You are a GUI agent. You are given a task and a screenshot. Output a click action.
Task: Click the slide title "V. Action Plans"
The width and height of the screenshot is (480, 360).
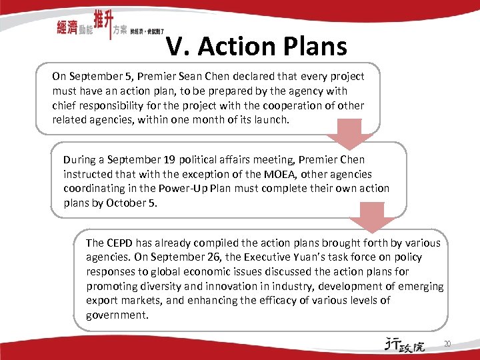(257, 46)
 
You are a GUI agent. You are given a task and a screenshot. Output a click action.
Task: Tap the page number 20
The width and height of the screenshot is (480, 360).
(447, 344)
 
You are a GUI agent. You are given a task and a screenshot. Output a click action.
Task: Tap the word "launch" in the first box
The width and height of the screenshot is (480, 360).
(271, 120)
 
